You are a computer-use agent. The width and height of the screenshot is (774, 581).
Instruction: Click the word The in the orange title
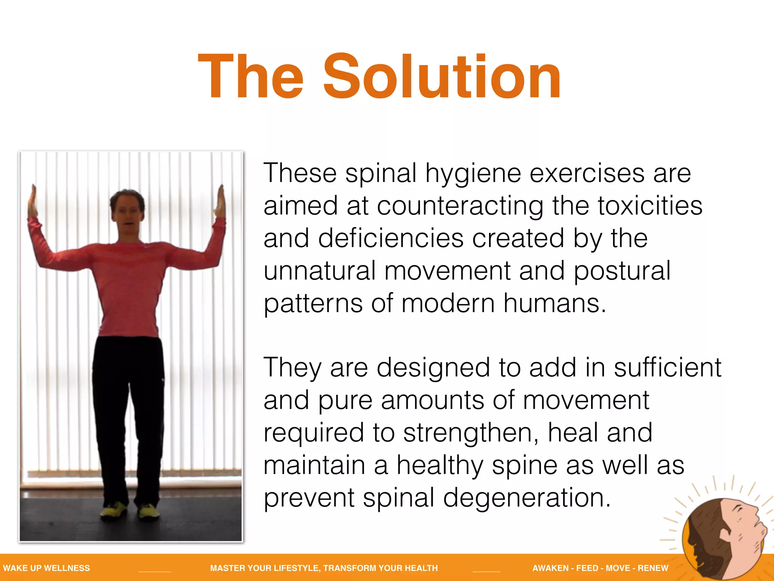pyautogui.click(x=251, y=76)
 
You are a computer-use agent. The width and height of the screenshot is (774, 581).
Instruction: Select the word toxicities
pyautogui.click(x=650, y=206)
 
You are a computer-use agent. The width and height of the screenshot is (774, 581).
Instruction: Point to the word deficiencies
pyautogui.click(x=391, y=239)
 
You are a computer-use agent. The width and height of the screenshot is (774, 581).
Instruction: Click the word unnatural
pyautogui.click(x=319, y=271)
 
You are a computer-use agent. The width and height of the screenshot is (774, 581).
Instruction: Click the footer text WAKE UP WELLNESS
pyautogui.click(x=46, y=568)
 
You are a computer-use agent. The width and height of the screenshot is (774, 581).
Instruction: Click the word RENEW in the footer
pyautogui.click(x=653, y=568)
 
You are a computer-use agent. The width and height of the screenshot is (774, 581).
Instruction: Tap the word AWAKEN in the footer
pyautogui.click(x=550, y=568)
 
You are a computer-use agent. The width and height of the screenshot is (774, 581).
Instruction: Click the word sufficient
pyautogui.click(x=667, y=368)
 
